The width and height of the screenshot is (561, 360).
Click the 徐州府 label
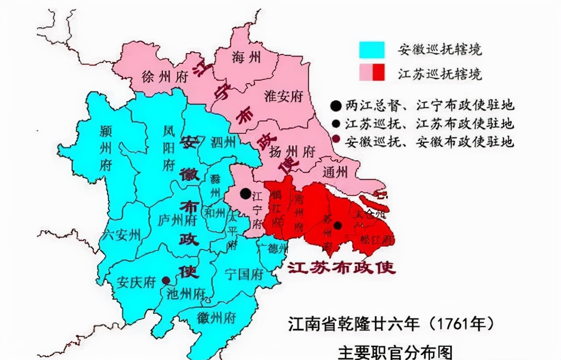click(x=165, y=78)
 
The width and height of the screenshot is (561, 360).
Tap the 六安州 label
click(x=121, y=235)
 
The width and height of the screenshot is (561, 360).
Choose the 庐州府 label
click(x=177, y=220)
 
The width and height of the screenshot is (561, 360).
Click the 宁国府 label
click(x=244, y=275)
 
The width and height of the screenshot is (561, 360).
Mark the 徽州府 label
click(x=217, y=318)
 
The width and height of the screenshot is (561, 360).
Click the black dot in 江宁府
click(x=246, y=193)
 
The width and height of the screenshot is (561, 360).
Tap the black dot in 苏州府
click(x=338, y=226)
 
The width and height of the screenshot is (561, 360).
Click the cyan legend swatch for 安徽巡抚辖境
click(x=372, y=49)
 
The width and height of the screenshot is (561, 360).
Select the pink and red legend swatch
click(x=372, y=73)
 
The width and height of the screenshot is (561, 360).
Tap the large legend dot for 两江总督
click(x=336, y=106)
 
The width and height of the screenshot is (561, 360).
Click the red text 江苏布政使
click(x=341, y=268)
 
